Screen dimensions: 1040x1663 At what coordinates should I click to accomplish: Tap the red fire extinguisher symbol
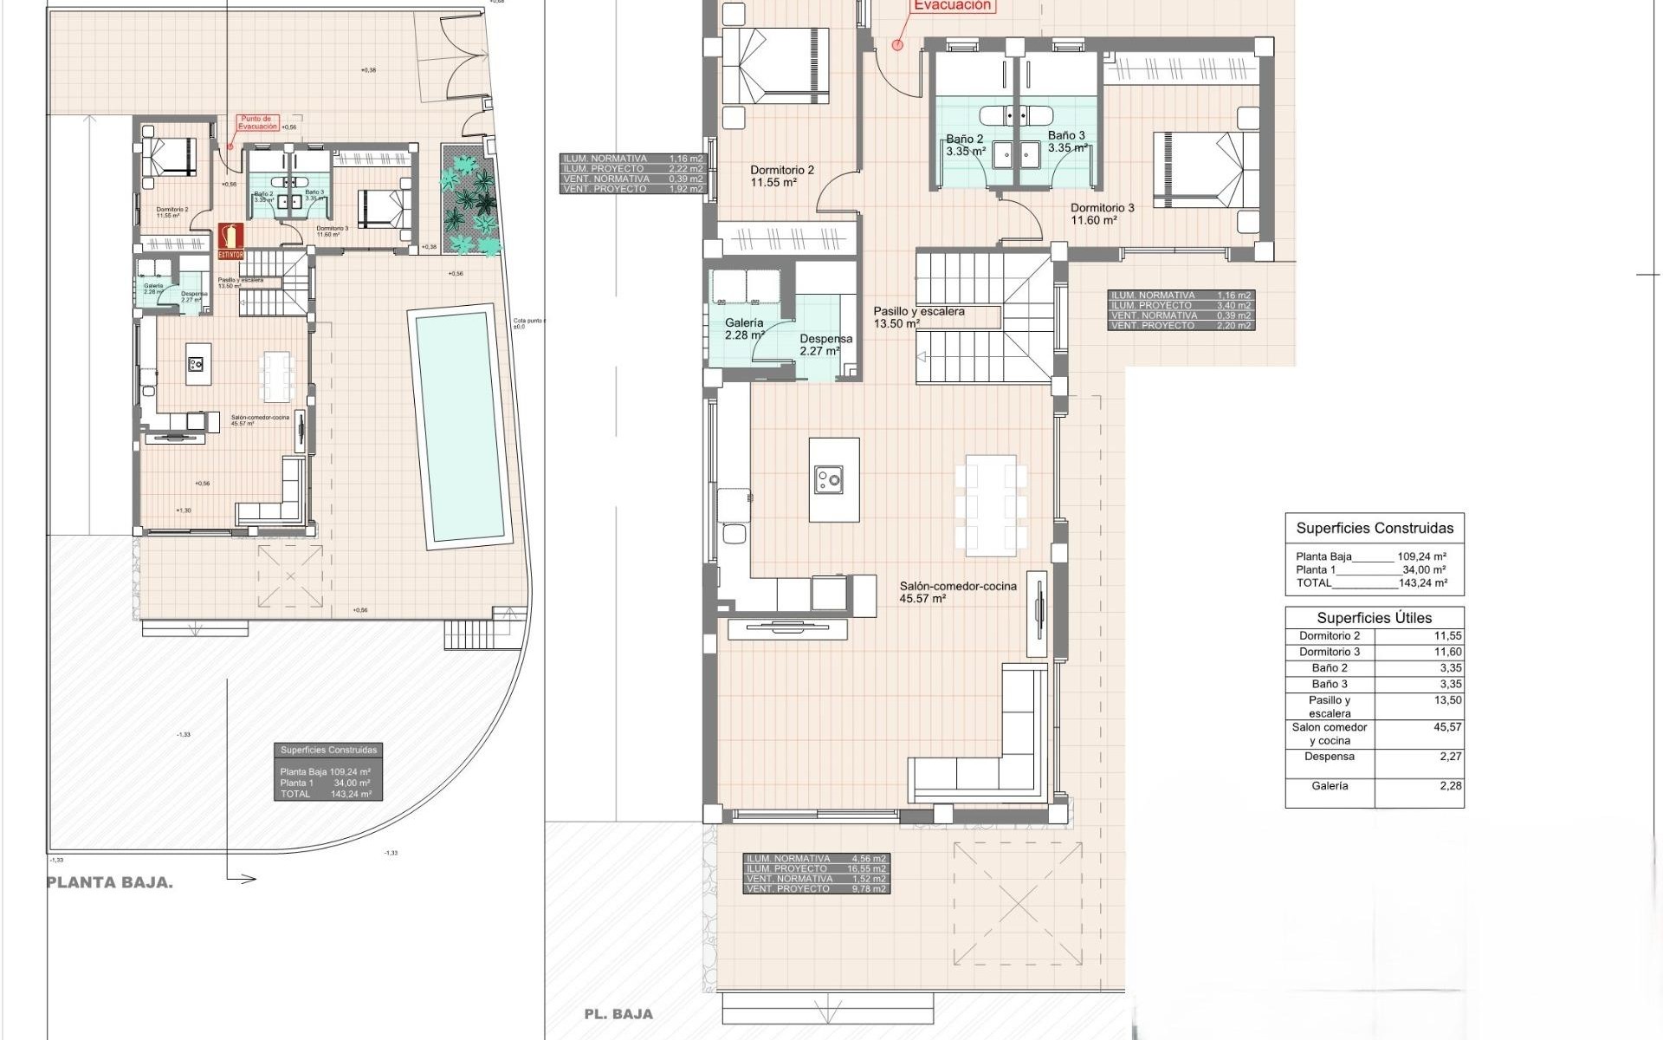pos(230,240)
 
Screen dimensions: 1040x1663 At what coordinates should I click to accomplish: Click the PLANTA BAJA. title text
pos(109,882)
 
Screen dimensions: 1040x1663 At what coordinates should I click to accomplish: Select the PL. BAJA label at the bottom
pos(618,1013)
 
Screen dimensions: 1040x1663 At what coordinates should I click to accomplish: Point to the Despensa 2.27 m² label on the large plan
pos(825,345)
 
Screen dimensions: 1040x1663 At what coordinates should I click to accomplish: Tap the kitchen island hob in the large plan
pos(829,478)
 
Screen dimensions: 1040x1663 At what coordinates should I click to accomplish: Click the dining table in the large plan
pos(991,505)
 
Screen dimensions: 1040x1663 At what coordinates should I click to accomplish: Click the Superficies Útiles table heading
pos(1374,618)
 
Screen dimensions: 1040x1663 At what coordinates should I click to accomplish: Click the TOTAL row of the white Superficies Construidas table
pos(1371,583)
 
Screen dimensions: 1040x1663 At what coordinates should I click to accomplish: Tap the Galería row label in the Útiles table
pos(1330,786)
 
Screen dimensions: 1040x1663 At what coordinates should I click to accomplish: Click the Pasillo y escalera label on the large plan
pos(918,317)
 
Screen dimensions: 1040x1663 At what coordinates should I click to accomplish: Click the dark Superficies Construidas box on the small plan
pos(328,771)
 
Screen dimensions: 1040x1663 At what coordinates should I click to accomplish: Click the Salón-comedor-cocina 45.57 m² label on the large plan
pos(957,592)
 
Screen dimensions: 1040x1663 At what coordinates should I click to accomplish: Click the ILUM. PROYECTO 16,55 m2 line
pos(815,868)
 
